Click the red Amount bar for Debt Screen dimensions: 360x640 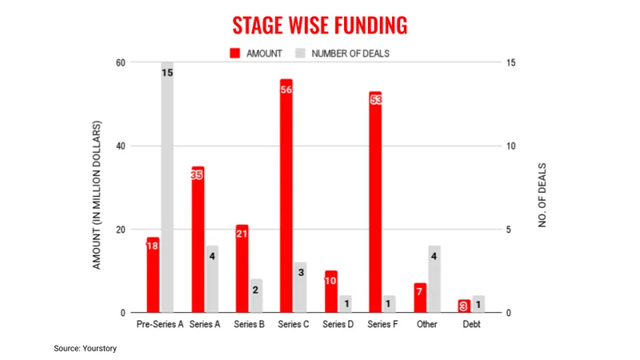pos(464,306)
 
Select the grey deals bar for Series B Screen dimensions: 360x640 pos(256,296)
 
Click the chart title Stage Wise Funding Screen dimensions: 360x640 pos(320,25)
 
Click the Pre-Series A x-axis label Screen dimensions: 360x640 pos(160,325)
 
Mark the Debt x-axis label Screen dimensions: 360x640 pos(471,325)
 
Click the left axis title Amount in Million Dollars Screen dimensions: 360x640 pos(97,194)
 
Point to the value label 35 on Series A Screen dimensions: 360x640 pos(198,175)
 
